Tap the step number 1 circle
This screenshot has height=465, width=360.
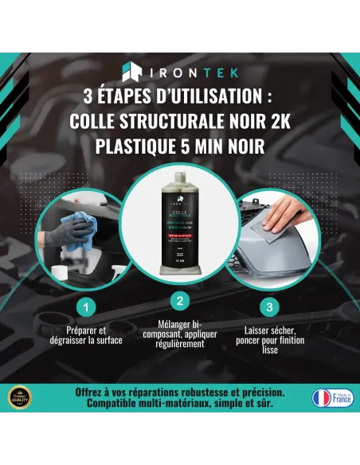point(88,305)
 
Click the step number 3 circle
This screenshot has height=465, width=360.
point(272,305)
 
